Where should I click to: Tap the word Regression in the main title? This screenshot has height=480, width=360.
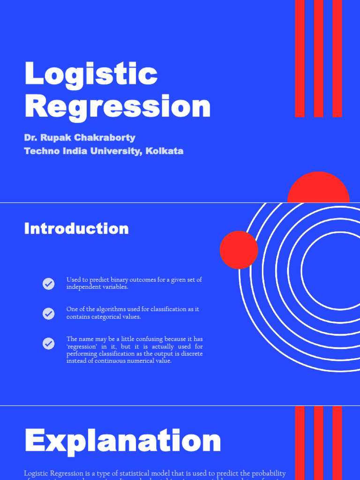(x=117, y=106)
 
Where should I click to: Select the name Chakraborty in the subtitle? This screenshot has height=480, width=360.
(x=108, y=138)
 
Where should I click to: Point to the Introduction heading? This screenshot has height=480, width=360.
(x=76, y=229)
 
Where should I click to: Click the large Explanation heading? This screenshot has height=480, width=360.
(x=122, y=442)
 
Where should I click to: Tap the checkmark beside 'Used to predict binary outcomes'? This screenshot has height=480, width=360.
(x=49, y=284)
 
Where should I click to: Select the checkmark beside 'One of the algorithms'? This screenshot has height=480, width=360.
(x=49, y=314)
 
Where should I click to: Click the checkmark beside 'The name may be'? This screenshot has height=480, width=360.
(x=49, y=344)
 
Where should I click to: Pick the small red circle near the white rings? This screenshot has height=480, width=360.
(x=239, y=250)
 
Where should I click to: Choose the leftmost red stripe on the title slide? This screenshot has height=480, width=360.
(x=300, y=58)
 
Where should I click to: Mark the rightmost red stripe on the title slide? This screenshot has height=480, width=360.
(x=337, y=58)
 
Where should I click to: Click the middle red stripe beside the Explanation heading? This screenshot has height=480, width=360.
(x=319, y=442)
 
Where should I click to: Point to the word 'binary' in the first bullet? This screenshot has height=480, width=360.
(x=121, y=280)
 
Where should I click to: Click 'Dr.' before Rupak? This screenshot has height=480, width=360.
(x=30, y=138)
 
